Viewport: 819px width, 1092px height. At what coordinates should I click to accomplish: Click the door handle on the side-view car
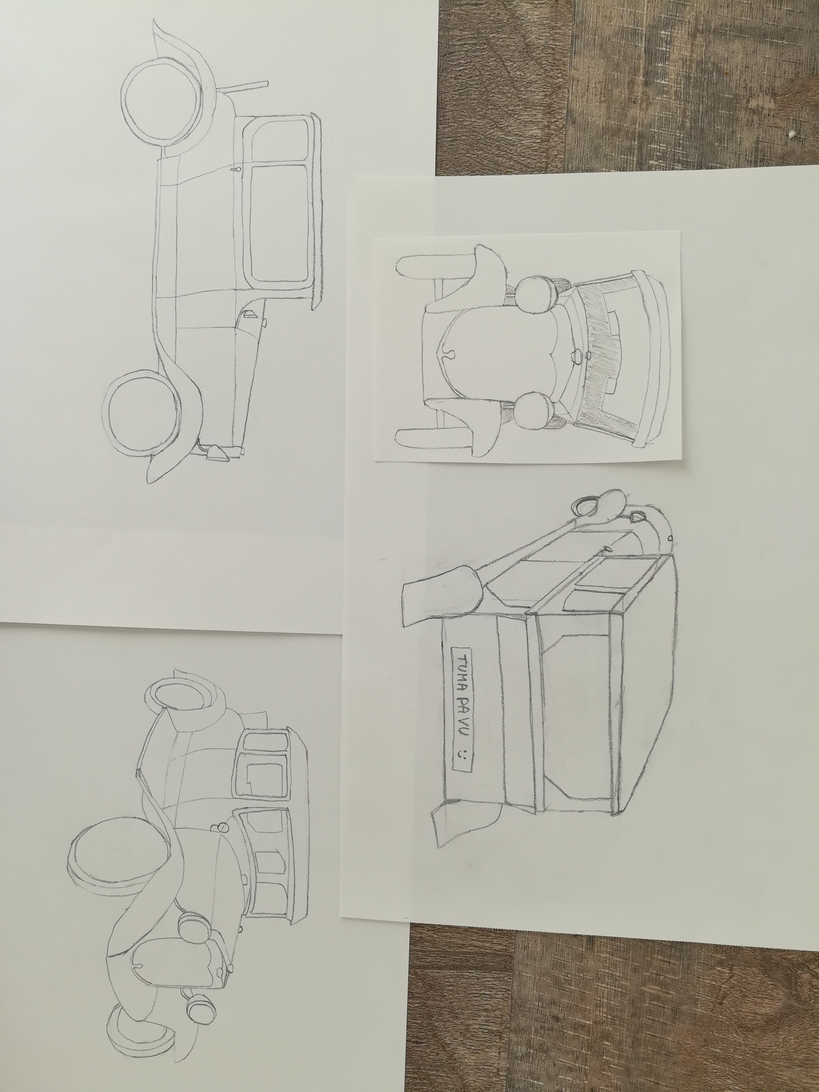235,169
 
